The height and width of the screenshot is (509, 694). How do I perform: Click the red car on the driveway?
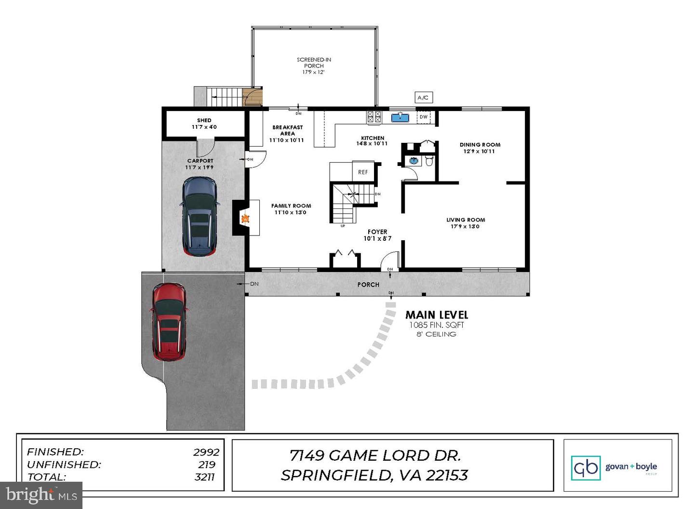(x=169, y=322)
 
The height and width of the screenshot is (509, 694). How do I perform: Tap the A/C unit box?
(x=423, y=97)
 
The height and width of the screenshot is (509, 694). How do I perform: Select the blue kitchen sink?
(x=400, y=117)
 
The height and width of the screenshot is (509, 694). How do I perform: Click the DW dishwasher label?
(x=423, y=117)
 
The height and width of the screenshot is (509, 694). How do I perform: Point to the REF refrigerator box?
(x=363, y=172)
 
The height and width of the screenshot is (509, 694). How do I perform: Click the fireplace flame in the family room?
(x=245, y=219)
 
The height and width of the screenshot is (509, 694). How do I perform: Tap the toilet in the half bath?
(x=429, y=161)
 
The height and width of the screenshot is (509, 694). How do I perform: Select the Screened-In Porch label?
(x=314, y=66)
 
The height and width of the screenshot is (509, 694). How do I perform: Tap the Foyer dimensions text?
(x=377, y=238)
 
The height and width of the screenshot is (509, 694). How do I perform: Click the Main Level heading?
(x=437, y=315)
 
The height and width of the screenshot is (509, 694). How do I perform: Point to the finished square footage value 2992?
(x=206, y=452)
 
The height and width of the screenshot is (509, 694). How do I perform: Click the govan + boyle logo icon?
(x=586, y=468)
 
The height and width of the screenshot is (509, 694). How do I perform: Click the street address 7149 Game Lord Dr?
(x=375, y=455)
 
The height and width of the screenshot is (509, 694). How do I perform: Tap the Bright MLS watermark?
(x=41, y=495)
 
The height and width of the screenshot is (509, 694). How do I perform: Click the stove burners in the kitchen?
(x=374, y=117)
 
